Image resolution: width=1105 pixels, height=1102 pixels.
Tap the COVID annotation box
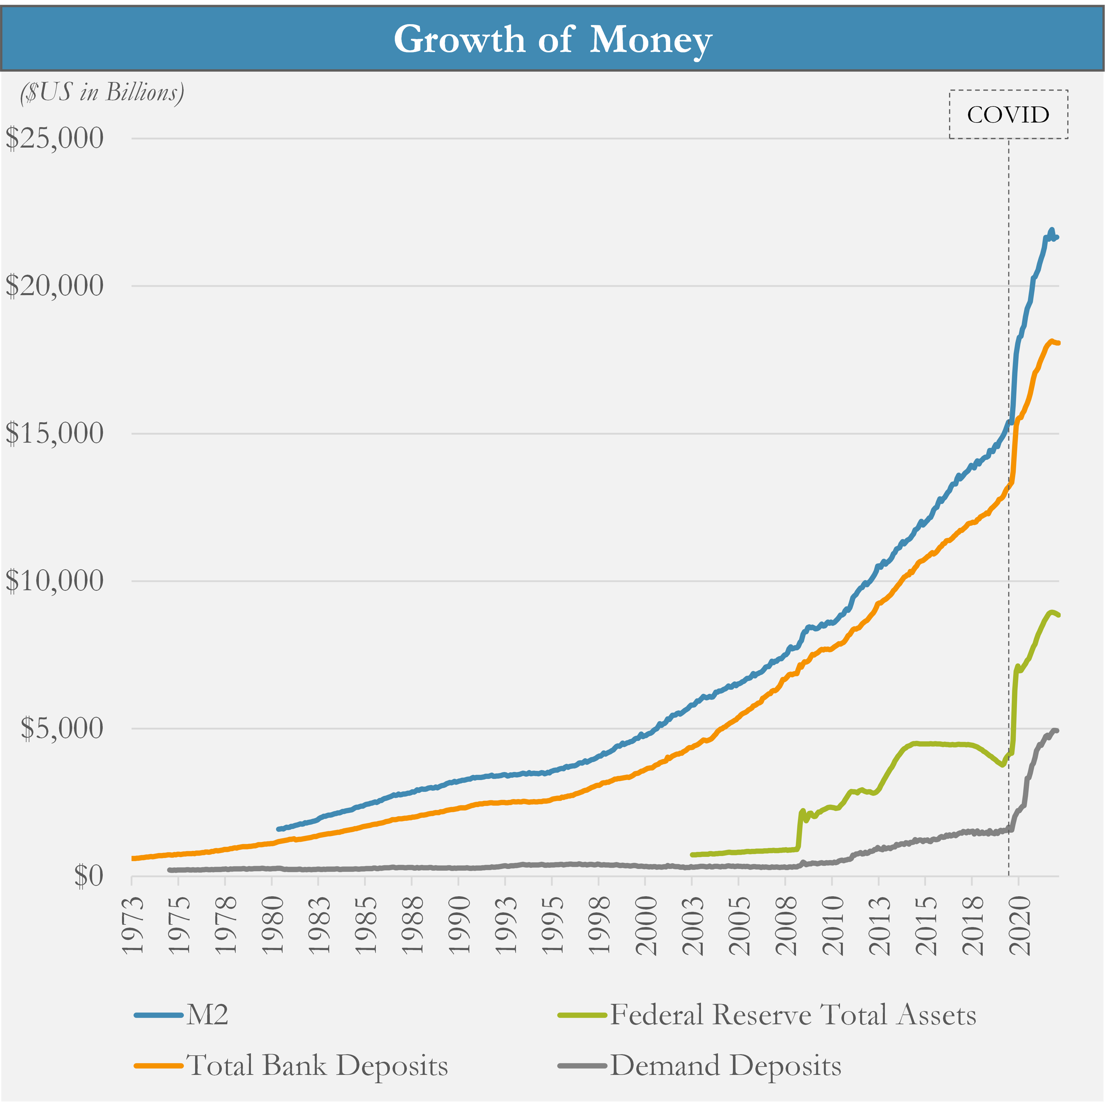pos(1008,114)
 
